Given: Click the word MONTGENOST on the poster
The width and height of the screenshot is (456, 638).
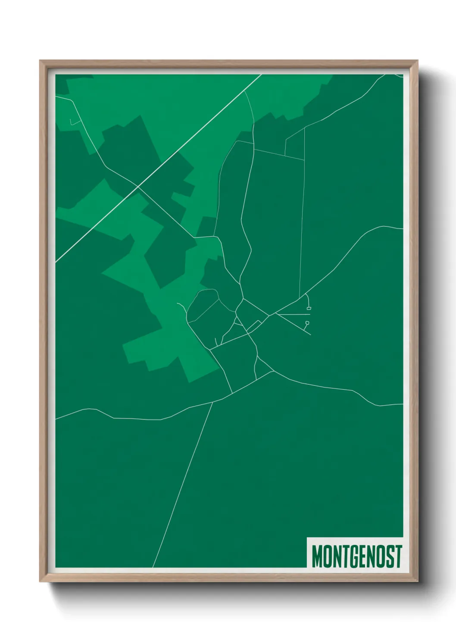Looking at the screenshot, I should click(x=356, y=556).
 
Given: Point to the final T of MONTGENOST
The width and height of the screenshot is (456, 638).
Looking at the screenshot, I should click(x=398, y=556).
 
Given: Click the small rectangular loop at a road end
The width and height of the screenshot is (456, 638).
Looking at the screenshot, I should click(x=309, y=309).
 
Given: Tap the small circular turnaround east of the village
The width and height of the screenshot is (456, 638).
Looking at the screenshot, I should click(x=307, y=322).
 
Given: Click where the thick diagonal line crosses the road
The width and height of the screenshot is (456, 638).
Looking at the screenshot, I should click(x=137, y=187).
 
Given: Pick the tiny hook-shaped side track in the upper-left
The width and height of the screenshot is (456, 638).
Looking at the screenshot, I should click(x=72, y=123).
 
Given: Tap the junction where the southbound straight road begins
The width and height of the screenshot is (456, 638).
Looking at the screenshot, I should click(x=213, y=402).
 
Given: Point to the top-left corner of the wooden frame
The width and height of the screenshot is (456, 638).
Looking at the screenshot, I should click(x=41, y=62).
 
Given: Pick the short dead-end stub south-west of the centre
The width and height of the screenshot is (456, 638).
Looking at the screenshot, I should click(x=215, y=342).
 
